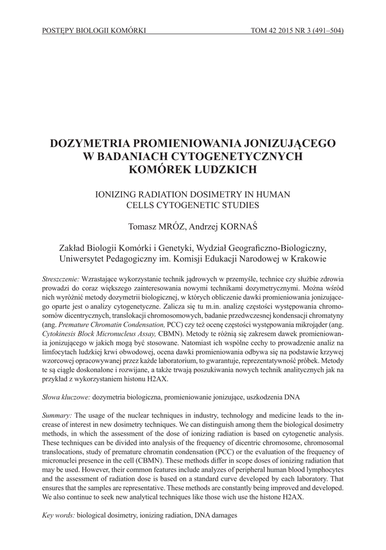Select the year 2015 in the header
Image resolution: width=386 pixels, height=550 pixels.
283,30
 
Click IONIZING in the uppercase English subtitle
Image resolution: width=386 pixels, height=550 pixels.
114,193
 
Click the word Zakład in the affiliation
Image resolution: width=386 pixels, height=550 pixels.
74,248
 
